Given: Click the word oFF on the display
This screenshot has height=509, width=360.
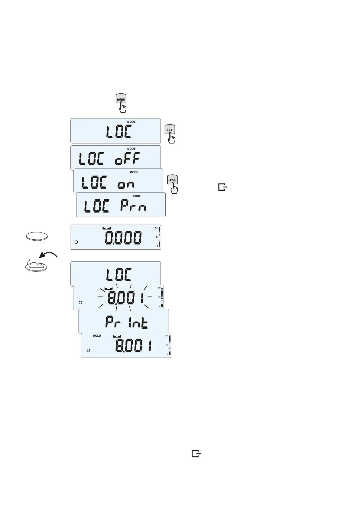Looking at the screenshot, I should [x=127, y=158].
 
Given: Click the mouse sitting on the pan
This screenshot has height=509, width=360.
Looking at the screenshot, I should [x=36, y=265].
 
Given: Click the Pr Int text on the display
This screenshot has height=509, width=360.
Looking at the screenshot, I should [x=126, y=323].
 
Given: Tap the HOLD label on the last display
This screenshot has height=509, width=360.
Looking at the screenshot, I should [x=97, y=336].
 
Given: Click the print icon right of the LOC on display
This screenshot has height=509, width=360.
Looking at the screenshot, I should [x=222, y=187].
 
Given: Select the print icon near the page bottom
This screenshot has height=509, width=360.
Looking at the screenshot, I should [x=196, y=454].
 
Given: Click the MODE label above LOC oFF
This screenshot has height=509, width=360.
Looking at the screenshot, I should [x=131, y=149].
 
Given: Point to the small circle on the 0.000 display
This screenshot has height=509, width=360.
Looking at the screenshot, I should [x=76, y=242].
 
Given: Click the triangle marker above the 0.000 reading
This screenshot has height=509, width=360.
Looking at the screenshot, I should [x=107, y=228].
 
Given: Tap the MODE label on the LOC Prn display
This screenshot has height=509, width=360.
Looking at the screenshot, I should [x=136, y=196].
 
